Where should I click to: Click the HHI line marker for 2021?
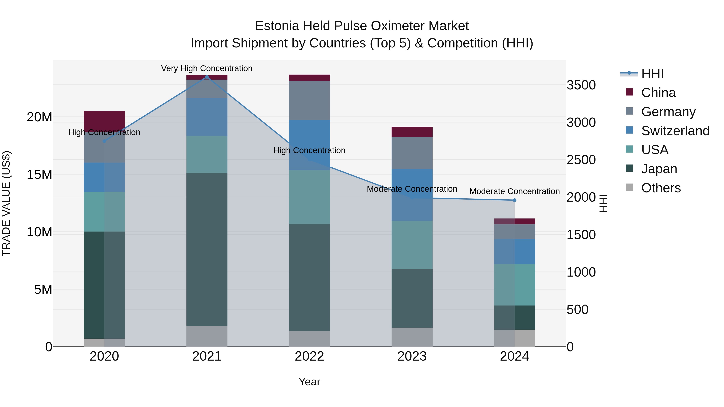[x=207, y=77]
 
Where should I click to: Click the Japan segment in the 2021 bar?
[x=207, y=249]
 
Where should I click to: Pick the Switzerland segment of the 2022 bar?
[x=310, y=145]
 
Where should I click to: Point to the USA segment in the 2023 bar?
[x=412, y=245]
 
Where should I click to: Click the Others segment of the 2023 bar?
[x=412, y=337]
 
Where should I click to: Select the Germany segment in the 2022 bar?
[x=310, y=100]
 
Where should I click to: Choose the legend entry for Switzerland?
[x=675, y=131]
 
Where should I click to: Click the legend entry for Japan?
[x=659, y=169]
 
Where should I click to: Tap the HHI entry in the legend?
[x=652, y=74]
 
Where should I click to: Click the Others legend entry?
[x=660, y=188]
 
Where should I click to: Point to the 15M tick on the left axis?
[x=39, y=175]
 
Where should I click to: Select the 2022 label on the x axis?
[x=310, y=356]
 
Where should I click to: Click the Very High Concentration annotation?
[x=207, y=68]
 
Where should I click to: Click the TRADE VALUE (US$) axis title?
[x=6, y=203]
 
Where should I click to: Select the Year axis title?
[x=310, y=382]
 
